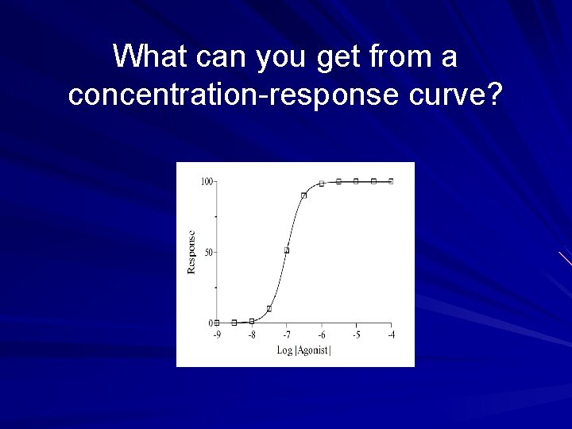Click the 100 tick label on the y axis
pos(206,182)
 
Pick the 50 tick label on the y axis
pos(208,253)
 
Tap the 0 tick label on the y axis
pos(211,323)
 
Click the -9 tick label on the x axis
pos(217,335)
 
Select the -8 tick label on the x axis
pos(252,335)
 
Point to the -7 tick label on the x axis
pos(287,335)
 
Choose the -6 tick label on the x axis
pos(321,335)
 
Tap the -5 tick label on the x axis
pos(356,335)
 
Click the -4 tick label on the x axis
pos(391,335)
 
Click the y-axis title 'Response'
pos(191,253)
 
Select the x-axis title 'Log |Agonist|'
pos(303,350)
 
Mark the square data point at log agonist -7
pos(287,250)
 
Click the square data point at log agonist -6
pos(322,184)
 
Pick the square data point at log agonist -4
pos(391,181)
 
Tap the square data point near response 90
pos(304,195)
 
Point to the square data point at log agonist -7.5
pos(269,308)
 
